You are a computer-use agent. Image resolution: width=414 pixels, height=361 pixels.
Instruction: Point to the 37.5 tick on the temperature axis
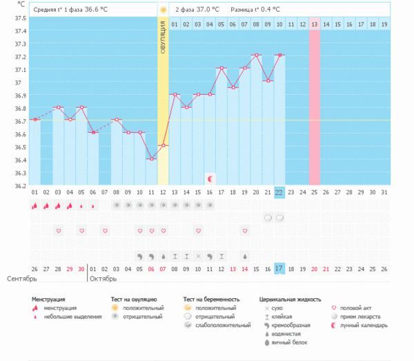(x=20, y=18)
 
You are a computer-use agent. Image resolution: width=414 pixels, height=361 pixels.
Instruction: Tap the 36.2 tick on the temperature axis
(x=20, y=185)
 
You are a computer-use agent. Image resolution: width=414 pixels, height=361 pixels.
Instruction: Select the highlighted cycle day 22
(x=279, y=193)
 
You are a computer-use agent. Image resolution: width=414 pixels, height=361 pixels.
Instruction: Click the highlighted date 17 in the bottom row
(x=279, y=268)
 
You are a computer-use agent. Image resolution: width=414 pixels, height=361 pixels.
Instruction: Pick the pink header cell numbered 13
(x=314, y=24)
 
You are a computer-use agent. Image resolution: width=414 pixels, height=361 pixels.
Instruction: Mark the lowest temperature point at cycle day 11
(x=151, y=159)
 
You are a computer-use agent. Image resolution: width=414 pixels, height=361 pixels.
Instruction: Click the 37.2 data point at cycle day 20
(x=256, y=55)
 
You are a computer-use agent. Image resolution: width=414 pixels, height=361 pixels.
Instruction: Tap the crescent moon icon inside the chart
(x=210, y=178)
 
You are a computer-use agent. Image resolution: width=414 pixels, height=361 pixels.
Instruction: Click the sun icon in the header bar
(x=163, y=10)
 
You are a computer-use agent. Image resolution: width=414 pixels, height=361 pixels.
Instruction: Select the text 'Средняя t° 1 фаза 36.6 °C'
(x=70, y=10)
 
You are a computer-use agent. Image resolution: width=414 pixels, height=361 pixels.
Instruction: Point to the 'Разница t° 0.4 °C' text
(x=255, y=10)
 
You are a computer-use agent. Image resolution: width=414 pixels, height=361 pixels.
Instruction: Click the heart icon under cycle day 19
(x=244, y=230)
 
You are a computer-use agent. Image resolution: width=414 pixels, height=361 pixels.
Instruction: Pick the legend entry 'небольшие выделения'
(x=68, y=316)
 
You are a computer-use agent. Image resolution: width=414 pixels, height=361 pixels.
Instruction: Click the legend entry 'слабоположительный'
(x=223, y=324)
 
